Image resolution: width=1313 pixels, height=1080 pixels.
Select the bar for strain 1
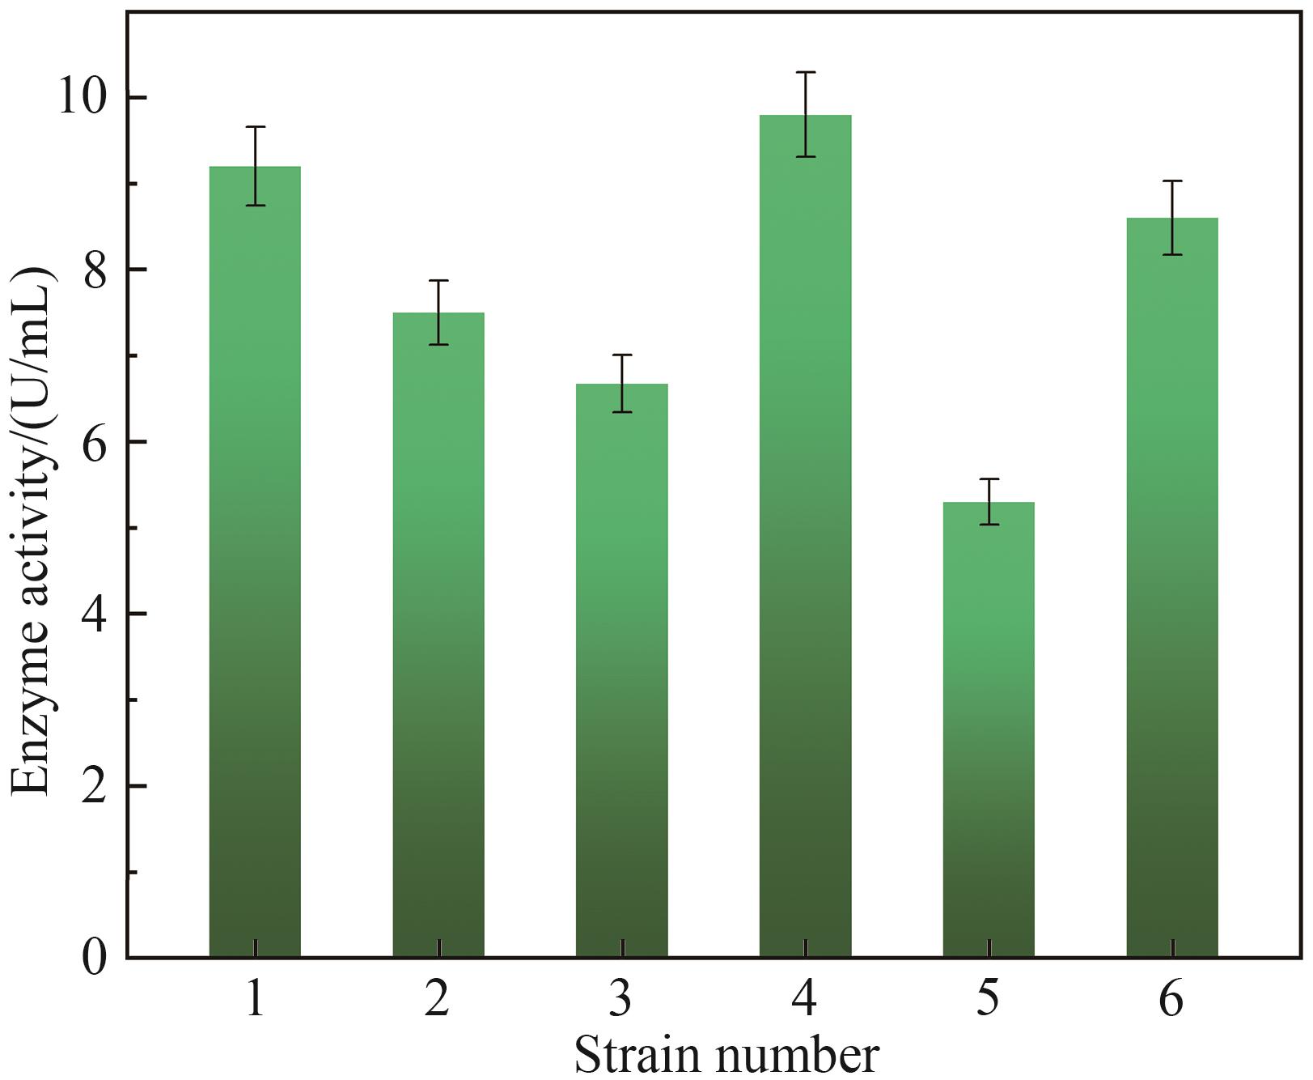255,567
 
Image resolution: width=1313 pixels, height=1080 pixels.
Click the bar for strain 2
438,640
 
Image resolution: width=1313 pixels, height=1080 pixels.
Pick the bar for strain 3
622,672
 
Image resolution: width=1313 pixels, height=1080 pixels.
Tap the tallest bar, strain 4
806,542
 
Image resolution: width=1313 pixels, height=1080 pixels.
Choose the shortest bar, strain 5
989,729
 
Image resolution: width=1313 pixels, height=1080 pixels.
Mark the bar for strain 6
1172,591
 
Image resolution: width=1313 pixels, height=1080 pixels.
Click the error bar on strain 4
806,114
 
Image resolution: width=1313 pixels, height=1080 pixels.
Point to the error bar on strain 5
989,501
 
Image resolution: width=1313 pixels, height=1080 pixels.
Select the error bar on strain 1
255,166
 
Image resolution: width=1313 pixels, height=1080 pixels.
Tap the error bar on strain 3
622,383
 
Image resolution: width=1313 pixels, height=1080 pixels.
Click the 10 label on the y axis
80,98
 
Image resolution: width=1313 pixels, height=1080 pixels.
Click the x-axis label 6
1171,998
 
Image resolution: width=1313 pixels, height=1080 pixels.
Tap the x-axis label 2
438,998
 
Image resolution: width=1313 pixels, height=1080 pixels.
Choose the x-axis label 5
988,998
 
